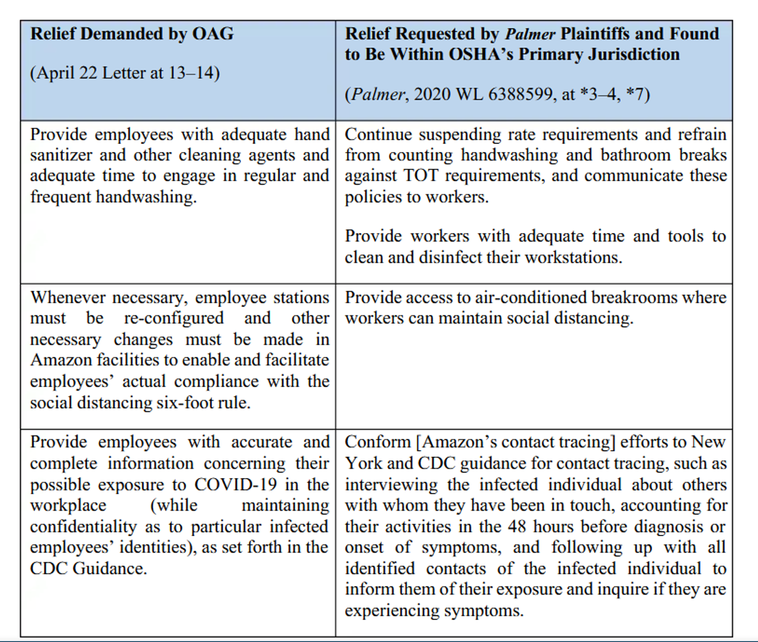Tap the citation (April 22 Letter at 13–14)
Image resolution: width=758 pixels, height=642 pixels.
[x=125, y=73]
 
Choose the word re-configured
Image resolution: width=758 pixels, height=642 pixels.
[x=174, y=318]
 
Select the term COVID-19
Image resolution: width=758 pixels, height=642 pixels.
[x=236, y=485]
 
